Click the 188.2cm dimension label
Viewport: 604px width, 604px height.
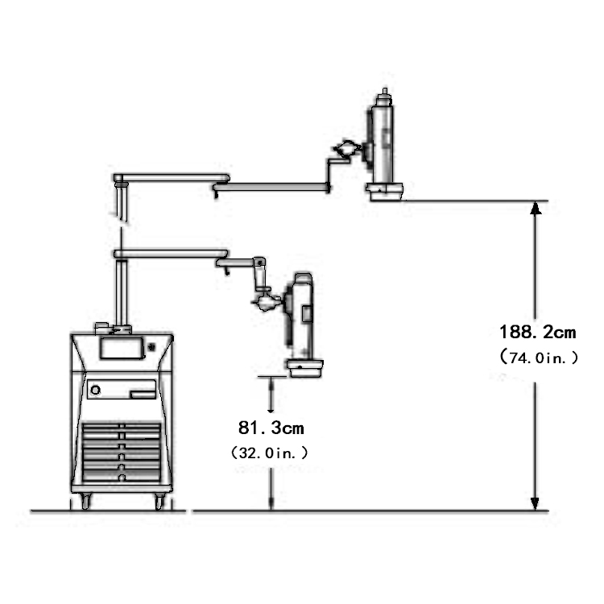click(537, 332)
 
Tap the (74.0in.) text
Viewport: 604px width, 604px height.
click(539, 358)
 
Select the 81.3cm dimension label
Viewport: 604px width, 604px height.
click(271, 428)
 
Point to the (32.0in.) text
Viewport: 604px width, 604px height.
click(270, 453)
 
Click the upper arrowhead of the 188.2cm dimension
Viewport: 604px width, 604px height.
click(535, 208)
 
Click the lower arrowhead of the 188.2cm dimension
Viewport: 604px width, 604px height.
click(535, 504)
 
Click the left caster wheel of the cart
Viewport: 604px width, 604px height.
click(85, 502)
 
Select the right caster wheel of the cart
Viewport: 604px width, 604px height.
click(159, 502)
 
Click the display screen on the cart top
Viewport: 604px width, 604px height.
click(122, 348)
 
